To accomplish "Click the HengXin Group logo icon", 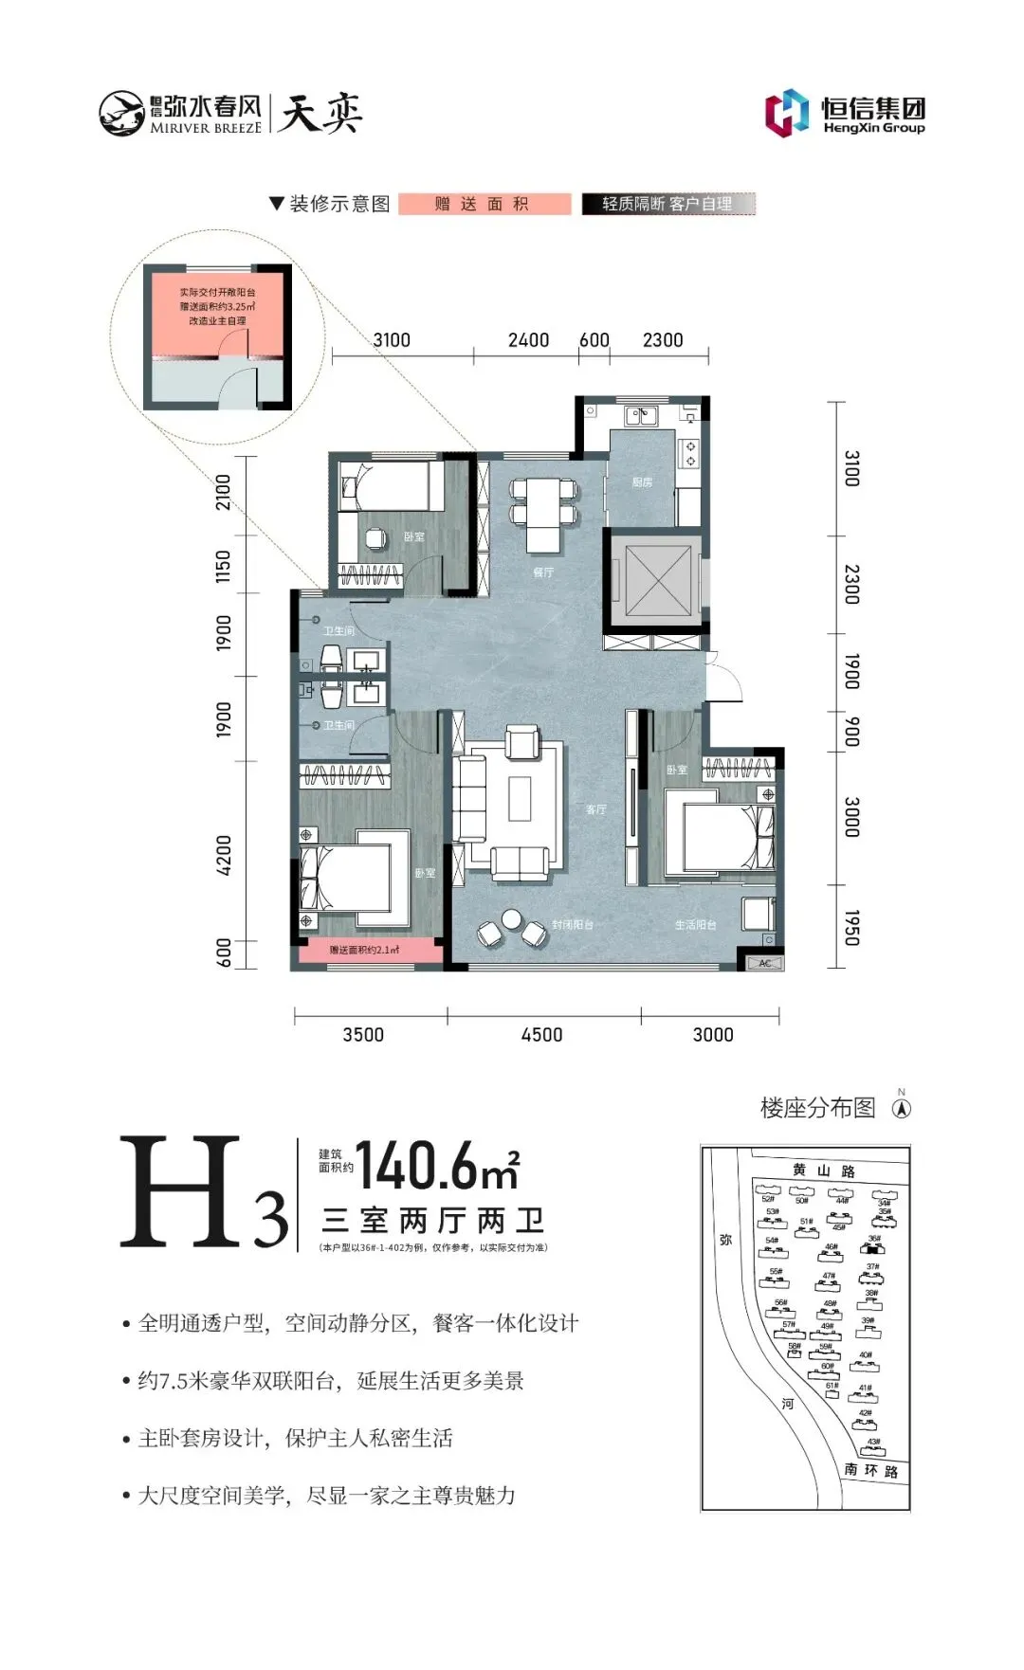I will click(787, 113).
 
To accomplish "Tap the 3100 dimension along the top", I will click(392, 340).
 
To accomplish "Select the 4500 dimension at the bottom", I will click(541, 1035).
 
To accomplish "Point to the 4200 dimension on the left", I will click(224, 855).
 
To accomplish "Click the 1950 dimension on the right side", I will click(851, 927).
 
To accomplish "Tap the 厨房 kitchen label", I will click(642, 482).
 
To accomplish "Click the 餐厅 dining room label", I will click(542, 572).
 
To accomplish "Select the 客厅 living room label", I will click(595, 809).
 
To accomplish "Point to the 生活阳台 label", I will click(695, 925).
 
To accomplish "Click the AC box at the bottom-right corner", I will click(765, 963).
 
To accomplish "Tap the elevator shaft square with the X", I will click(653, 579).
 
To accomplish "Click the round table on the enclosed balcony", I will click(512, 919).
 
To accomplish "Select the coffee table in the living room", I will click(519, 798).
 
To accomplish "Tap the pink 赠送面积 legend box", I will click(485, 204).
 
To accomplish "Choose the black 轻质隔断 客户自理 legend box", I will click(667, 204).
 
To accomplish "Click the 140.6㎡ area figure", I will click(437, 1165).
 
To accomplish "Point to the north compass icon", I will click(902, 1107).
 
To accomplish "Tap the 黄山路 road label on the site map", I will click(824, 1171).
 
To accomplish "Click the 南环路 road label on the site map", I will click(870, 1470).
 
